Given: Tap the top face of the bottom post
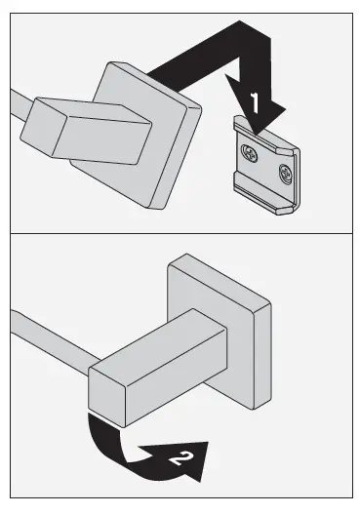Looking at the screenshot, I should point(156,336).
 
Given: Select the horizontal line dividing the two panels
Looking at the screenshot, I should point(180,234).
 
